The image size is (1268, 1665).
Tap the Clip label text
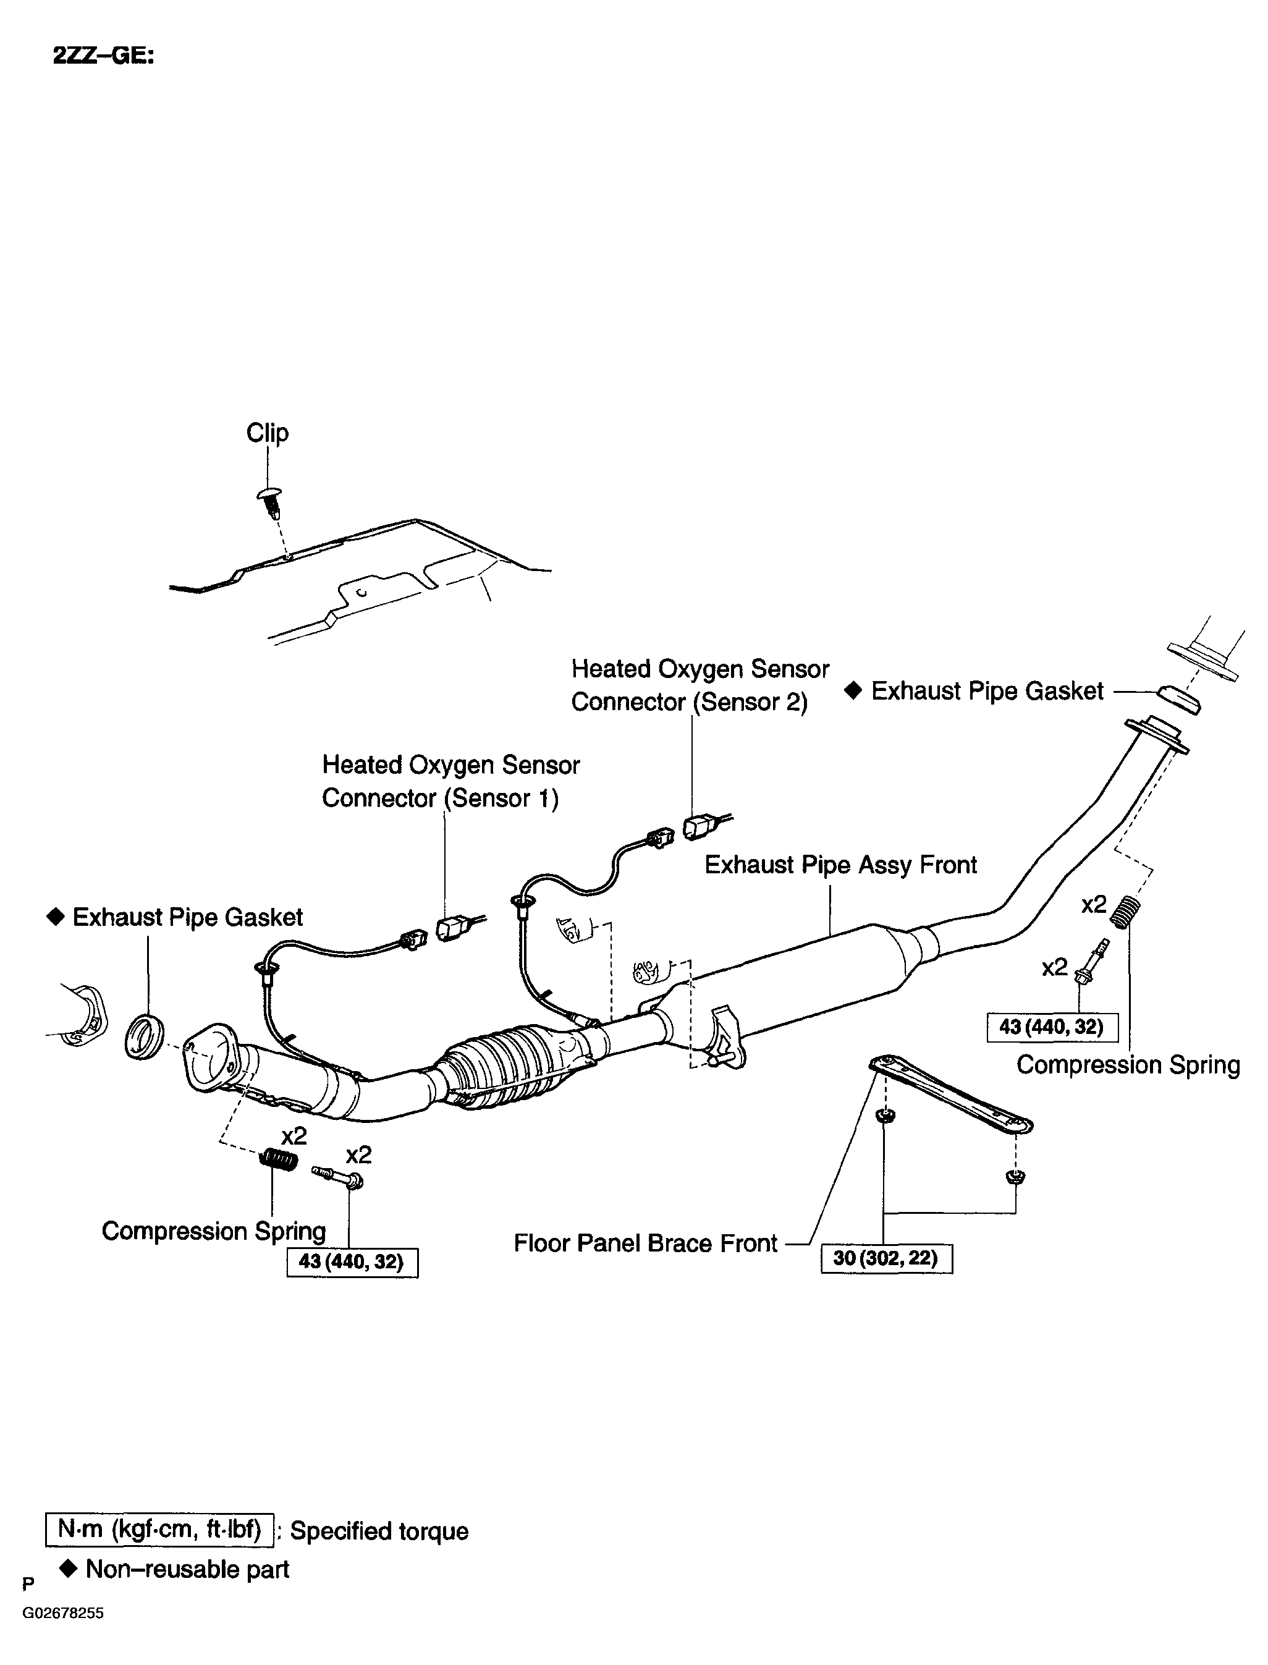267,433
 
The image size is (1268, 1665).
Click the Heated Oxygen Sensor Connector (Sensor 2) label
699,685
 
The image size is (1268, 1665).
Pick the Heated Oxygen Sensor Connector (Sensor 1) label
450,781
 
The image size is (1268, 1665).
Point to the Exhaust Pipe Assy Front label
840,865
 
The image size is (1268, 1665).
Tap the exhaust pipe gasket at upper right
1179,699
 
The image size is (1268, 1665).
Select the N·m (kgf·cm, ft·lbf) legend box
159,1529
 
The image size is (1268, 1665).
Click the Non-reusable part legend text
187,1569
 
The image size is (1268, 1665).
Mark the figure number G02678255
62,1613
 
